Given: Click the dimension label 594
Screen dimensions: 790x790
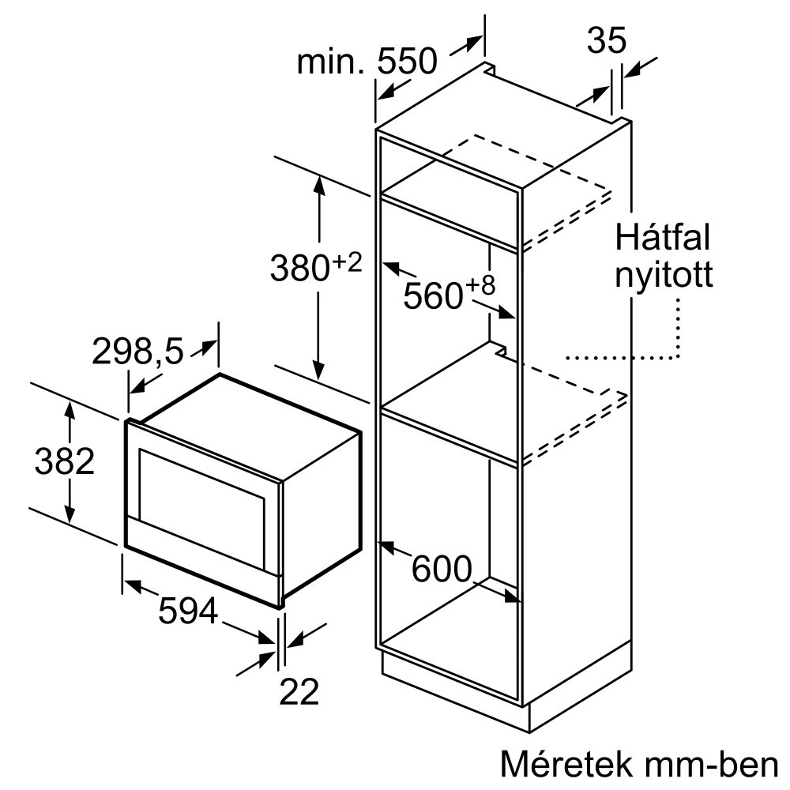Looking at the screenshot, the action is pos(188,611).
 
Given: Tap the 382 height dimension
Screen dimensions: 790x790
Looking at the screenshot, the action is pos(65,461).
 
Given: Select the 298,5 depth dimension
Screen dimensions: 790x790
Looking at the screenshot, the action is pos(137,351).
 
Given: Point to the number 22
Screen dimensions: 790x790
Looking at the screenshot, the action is pos(299,691).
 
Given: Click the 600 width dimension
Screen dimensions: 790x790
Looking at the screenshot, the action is pos(442,569).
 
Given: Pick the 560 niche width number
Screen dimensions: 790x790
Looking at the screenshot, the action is pos(433,296).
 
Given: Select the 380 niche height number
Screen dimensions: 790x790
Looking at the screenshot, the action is pos(300,268).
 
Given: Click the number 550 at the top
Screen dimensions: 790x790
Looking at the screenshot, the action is pos(408,62).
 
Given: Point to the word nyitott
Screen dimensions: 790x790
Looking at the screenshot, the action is pos(664,276).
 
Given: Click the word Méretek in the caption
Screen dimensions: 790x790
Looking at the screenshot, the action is pos(566,764).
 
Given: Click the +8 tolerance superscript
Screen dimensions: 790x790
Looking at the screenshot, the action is pos(480,286).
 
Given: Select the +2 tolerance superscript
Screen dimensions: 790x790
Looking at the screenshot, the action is pos(347,262).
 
